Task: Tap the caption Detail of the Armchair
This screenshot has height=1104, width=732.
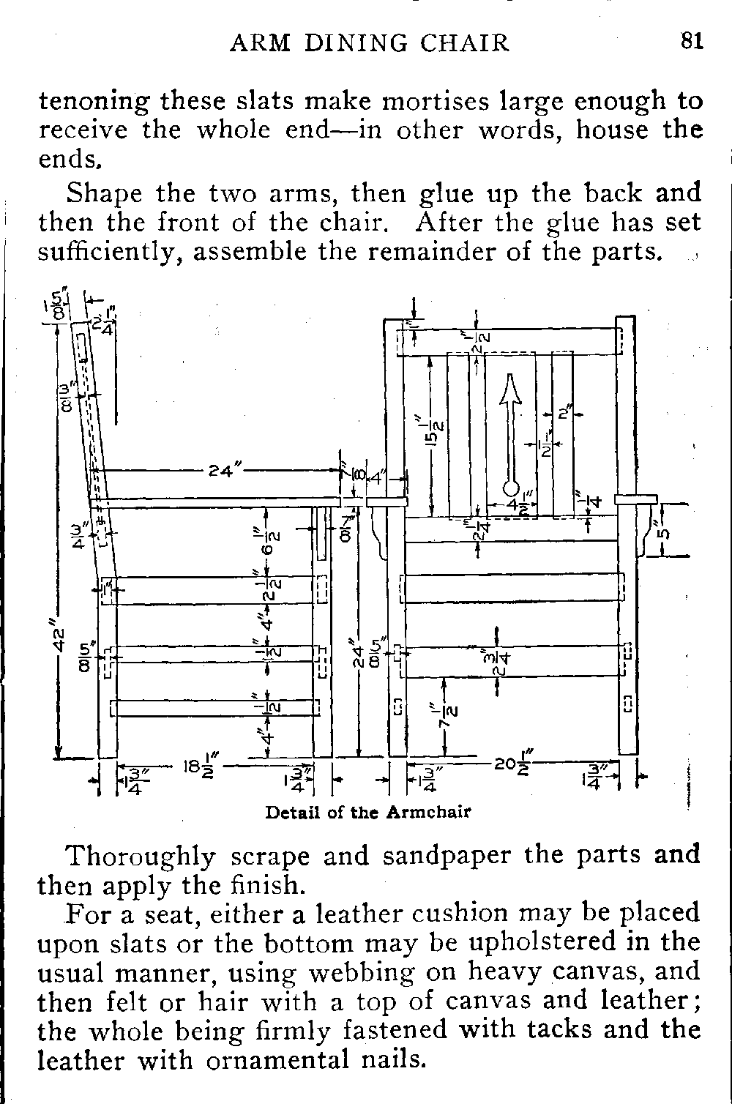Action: click(x=367, y=812)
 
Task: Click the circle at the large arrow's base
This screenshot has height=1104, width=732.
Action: click(x=511, y=489)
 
